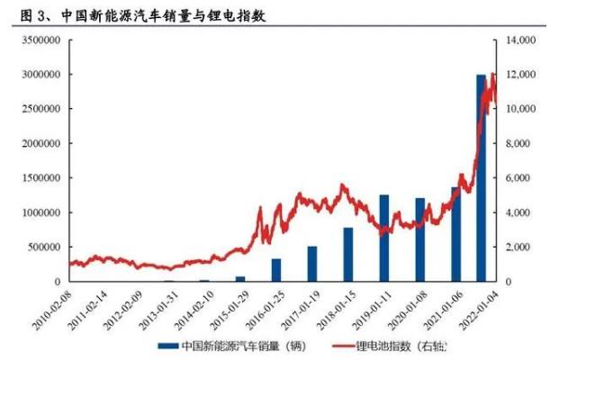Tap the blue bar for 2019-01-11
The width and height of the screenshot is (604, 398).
pyautogui.click(x=384, y=238)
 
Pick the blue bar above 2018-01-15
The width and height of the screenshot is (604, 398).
pyautogui.click(x=348, y=254)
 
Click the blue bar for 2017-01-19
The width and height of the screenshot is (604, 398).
pyautogui.click(x=312, y=264)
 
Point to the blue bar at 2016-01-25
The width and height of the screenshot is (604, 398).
pyautogui.click(x=276, y=270)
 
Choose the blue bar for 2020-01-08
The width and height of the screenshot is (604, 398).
pyautogui.click(x=420, y=240)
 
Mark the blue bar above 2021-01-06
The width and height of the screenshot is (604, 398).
pyautogui.click(x=455, y=234)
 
